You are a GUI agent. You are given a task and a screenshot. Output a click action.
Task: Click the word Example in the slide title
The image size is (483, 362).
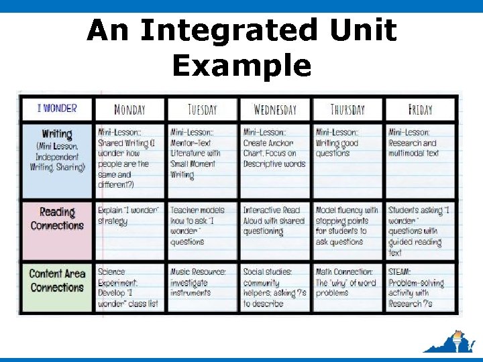click(241, 66)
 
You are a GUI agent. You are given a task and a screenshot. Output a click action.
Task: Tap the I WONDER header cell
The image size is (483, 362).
click(57, 108)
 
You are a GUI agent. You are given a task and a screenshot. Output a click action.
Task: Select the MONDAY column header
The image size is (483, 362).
click(129, 109)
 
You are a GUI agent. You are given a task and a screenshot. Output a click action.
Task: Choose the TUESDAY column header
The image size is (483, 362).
click(202, 109)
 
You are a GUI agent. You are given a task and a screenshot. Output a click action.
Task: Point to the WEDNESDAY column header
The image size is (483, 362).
click(275, 109)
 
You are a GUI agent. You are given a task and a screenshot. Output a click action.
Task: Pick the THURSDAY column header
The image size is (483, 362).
click(347, 109)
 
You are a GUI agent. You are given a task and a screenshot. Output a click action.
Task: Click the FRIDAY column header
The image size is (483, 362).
click(420, 109)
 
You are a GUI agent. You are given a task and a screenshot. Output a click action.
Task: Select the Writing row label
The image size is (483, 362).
click(57, 150)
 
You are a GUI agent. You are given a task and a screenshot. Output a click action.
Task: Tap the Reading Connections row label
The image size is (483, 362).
click(57, 219)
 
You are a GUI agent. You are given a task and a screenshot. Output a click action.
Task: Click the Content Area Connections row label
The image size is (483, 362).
click(57, 281)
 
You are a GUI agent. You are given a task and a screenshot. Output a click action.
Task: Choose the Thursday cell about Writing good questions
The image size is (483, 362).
click(347, 143)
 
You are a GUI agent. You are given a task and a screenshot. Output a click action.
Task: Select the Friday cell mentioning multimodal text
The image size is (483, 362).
click(420, 143)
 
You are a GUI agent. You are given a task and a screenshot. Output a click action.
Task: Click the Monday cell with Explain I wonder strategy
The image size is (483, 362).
click(129, 215)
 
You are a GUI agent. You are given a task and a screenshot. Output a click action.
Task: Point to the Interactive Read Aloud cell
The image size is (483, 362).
click(275, 221)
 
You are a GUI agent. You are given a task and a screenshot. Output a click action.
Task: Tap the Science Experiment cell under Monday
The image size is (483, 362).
click(129, 288)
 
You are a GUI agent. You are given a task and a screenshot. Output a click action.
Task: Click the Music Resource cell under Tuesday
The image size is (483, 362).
click(202, 282)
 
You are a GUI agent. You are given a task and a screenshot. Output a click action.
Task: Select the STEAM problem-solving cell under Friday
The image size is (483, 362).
click(420, 288)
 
